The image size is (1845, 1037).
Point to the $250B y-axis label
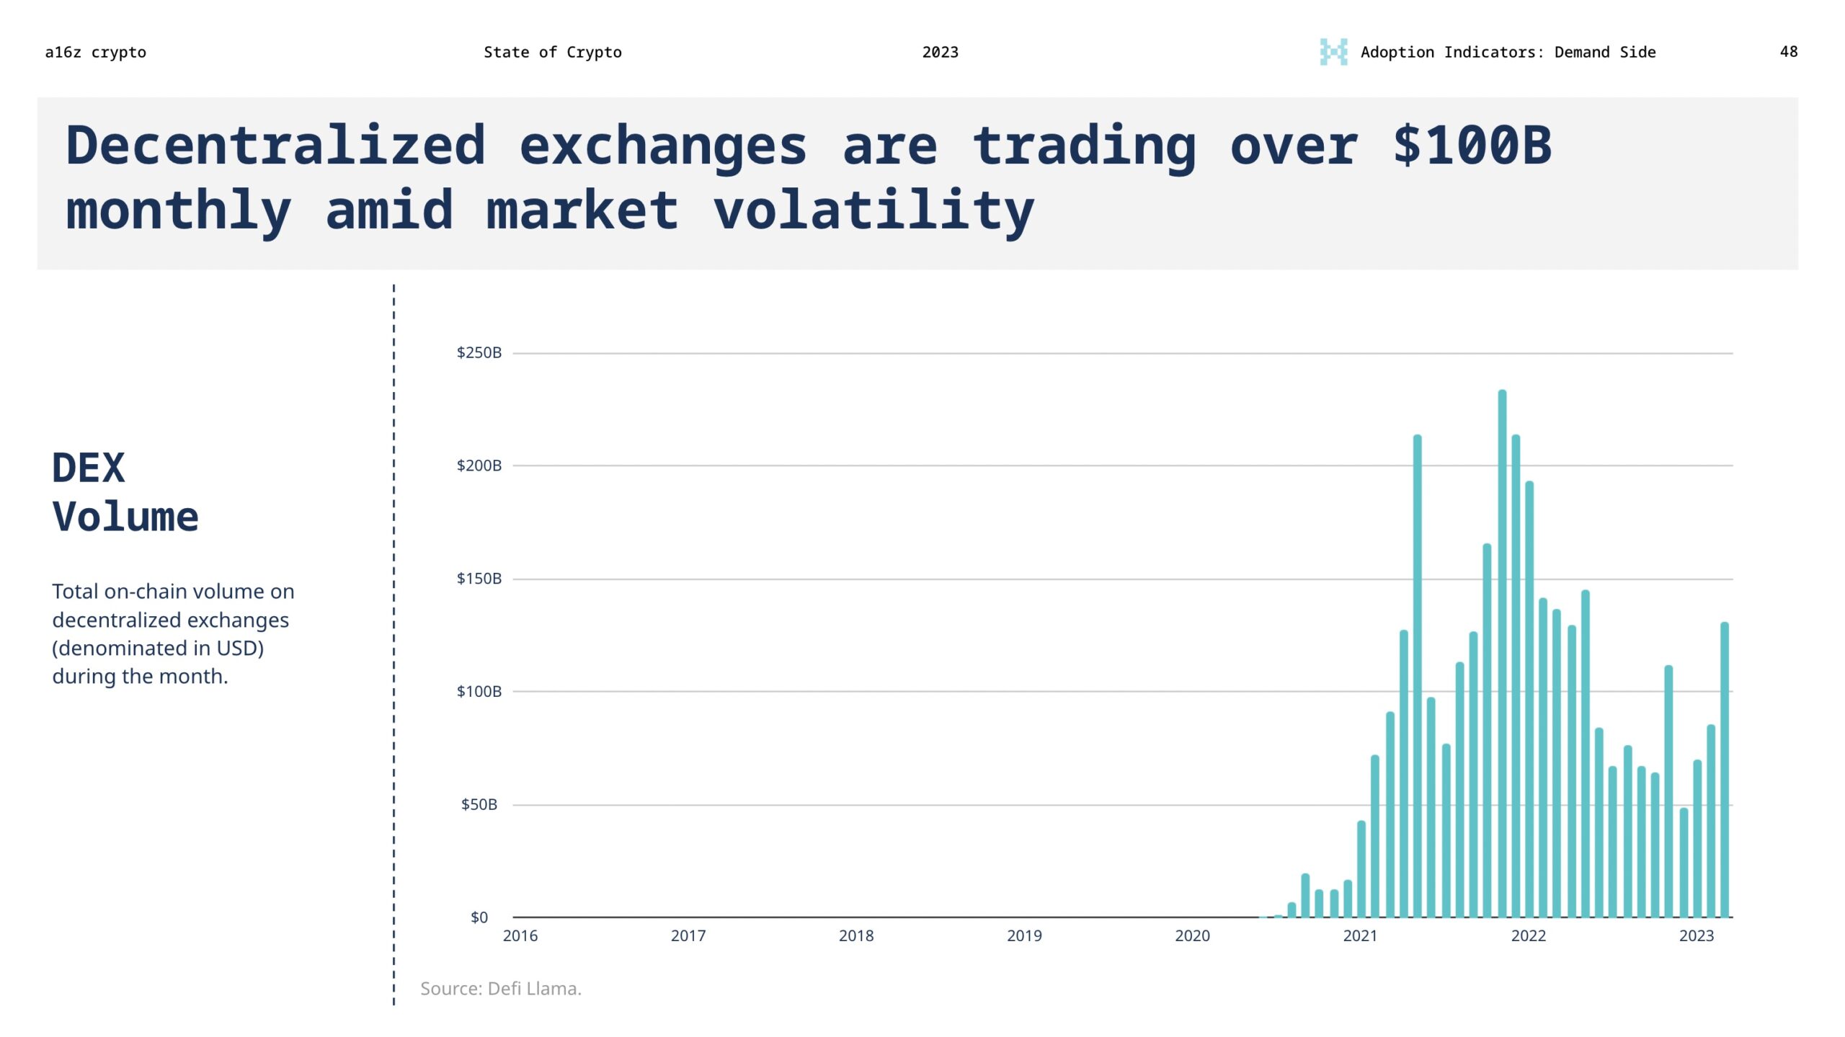pyautogui.click(x=479, y=352)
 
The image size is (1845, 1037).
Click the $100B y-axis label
pyautogui.click(x=479, y=691)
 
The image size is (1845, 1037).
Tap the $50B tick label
pyautogui.click(x=479, y=804)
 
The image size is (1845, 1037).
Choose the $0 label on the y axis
pyautogui.click(x=479, y=917)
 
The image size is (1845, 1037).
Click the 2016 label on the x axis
pyautogui.click(x=520, y=935)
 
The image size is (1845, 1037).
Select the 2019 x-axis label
pyautogui.click(x=1023, y=935)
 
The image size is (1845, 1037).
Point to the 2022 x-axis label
pyautogui.click(x=1528, y=935)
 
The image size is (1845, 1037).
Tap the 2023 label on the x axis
pyautogui.click(x=1696, y=935)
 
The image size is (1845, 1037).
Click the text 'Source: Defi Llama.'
pyautogui.click(x=500, y=988)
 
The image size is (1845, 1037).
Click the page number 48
pyautogui.click(x=1788, y=52)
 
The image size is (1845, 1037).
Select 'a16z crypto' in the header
pyautogui.click(x=95, y=52)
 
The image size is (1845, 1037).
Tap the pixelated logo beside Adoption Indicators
pyautogui.click(x=1333, y=52)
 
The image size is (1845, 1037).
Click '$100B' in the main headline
pyautogui.click(x=1472, y=146)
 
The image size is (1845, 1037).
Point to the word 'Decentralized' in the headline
pyautogui.click(x=275, y=146)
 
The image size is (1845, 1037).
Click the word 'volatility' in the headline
pyautogui.click(x=873, y=210)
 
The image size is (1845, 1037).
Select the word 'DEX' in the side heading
pyautogui.click(x=88, y=468)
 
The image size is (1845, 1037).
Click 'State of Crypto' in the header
pyautogui.click(x=552, y=52)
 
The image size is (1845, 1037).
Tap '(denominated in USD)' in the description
pyautogui.click(x=158, y=648)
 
